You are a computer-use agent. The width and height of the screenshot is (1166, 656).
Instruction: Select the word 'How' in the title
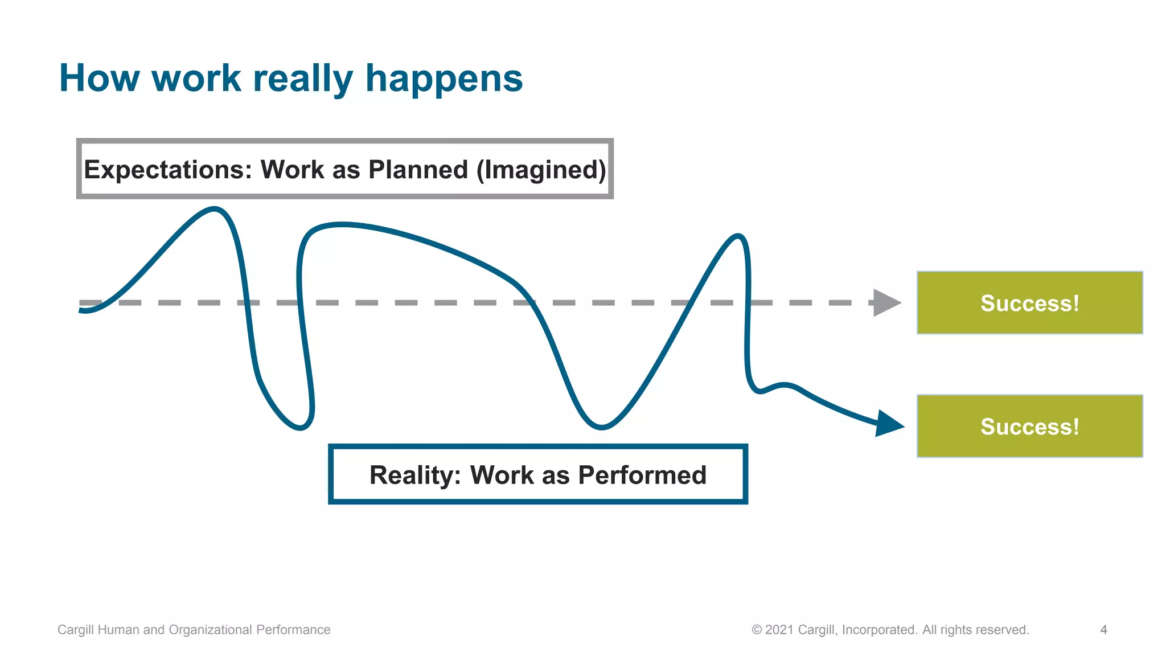point(99,78)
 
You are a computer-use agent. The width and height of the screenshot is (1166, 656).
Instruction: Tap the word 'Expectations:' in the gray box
point(167,170)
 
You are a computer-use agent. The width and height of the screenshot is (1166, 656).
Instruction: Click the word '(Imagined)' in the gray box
point(541,170)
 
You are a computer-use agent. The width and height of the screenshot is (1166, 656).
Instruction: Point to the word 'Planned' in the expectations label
point(418,170)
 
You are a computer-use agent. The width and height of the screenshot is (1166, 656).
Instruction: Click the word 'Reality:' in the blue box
point(415,475)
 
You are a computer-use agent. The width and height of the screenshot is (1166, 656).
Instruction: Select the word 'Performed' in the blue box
point(642,475)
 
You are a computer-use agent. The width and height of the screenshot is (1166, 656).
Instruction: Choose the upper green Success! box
point(1029,303)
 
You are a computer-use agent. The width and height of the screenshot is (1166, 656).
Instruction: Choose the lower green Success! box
point(1029,426)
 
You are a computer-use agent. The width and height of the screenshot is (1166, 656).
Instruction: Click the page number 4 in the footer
point(1103,630)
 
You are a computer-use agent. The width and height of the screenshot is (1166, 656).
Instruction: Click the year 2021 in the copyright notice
point(779,630)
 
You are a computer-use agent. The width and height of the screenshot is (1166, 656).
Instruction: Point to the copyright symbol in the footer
point(757,630)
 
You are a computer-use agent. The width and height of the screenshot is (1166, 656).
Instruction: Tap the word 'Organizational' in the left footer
point(211,630)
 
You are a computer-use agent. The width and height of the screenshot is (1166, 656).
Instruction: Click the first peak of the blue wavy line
point(214,210)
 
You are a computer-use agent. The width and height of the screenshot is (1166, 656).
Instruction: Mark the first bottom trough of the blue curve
point(301,428)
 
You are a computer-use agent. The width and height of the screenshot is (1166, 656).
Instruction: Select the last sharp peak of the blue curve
point(738,236)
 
